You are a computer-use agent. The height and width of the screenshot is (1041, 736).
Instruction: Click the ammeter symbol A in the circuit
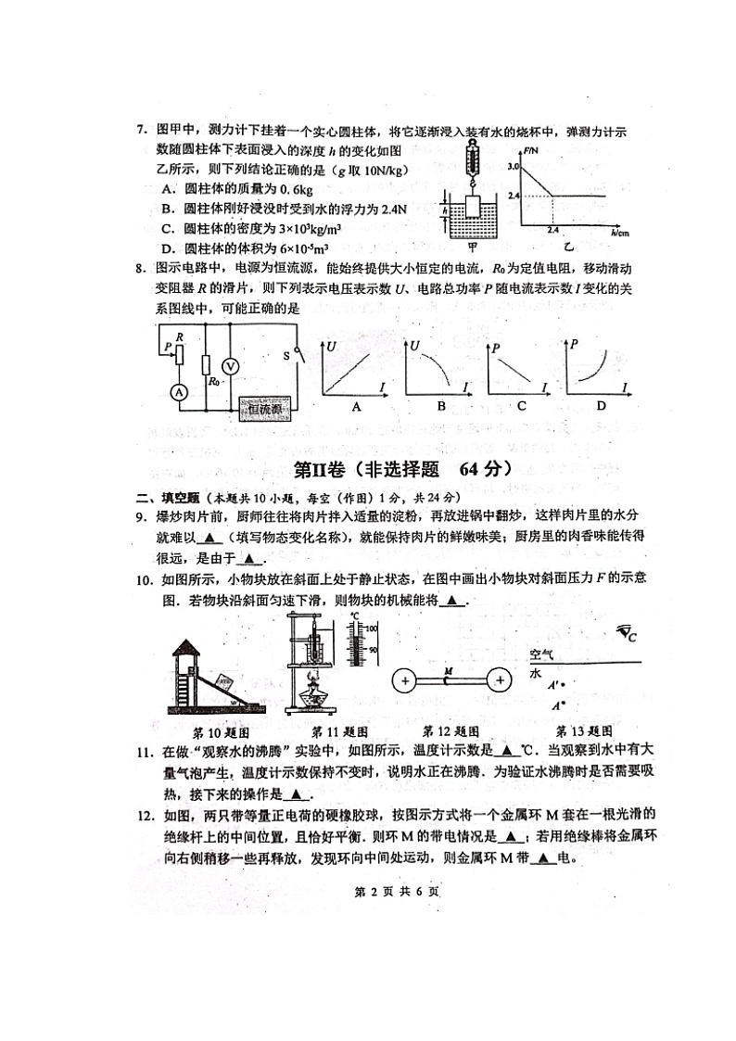(178, 393)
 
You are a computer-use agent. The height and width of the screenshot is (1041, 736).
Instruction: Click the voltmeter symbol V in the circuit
(233, 366)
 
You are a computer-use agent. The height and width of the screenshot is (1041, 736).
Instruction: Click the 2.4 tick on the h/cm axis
(552, 228)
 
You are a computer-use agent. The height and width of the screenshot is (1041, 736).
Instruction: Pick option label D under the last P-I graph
(601, 406)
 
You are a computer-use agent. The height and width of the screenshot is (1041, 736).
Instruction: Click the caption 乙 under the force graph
(567, 248)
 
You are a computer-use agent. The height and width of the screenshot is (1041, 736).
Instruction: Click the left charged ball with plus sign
(405, 680)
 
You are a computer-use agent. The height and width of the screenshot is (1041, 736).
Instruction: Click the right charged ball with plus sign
(500, 680)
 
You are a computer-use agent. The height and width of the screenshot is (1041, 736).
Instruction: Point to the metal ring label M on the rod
(449, 669)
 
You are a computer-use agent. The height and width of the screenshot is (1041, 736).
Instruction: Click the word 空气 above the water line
(540, 654)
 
